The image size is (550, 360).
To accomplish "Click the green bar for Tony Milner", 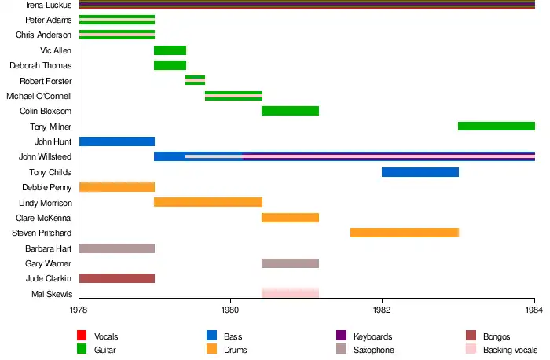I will click(496, 126).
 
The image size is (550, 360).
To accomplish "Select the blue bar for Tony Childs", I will click(420, 172).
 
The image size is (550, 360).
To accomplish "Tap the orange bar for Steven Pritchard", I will click(404, 233).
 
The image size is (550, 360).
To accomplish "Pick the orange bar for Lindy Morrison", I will click(208, 202).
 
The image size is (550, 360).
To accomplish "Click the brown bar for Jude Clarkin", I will click(116, 278).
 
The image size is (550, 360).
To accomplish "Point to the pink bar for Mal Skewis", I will click(290, 293).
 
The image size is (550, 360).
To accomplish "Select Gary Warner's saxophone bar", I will click(290, 263).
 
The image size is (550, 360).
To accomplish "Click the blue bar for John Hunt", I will click(116, 141).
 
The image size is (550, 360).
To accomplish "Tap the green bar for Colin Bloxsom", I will click(290, 111).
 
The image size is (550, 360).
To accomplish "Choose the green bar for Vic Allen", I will click(170, 50).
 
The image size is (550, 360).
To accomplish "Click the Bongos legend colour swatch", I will click(471, 336).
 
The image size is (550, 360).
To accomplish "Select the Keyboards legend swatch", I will click(341, 336).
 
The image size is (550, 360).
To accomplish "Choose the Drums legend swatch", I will click(211, 350).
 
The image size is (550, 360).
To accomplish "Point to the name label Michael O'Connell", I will click(39, 96).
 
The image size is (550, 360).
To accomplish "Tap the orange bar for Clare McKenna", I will click(290, 218).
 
